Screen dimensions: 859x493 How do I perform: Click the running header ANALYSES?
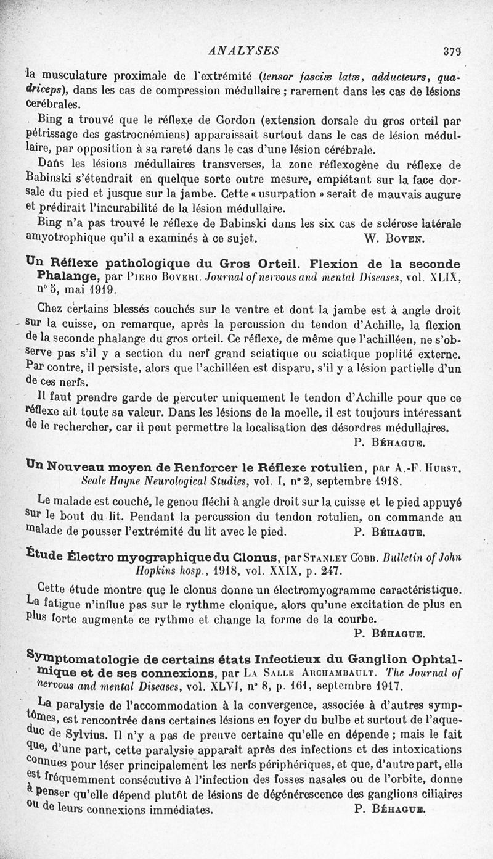pyautogui.click(x=243, y=51)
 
